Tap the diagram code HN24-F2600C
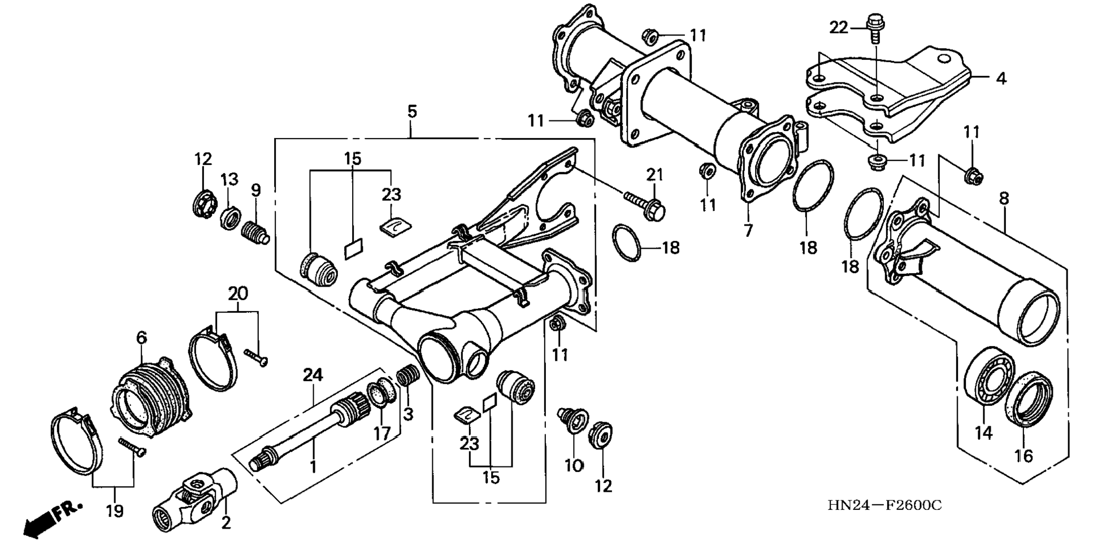884,505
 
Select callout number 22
839,27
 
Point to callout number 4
1001,79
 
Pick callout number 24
313,374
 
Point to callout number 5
411,111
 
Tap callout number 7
748,231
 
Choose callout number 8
1003,198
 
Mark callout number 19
114,511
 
